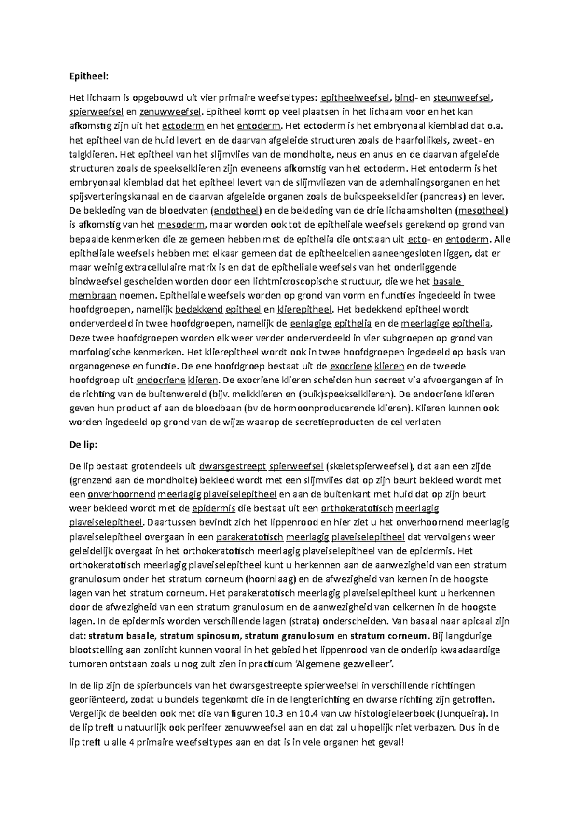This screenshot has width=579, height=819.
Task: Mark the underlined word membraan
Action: point(93,295)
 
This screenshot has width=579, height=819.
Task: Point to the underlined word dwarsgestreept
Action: point(233,466)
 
